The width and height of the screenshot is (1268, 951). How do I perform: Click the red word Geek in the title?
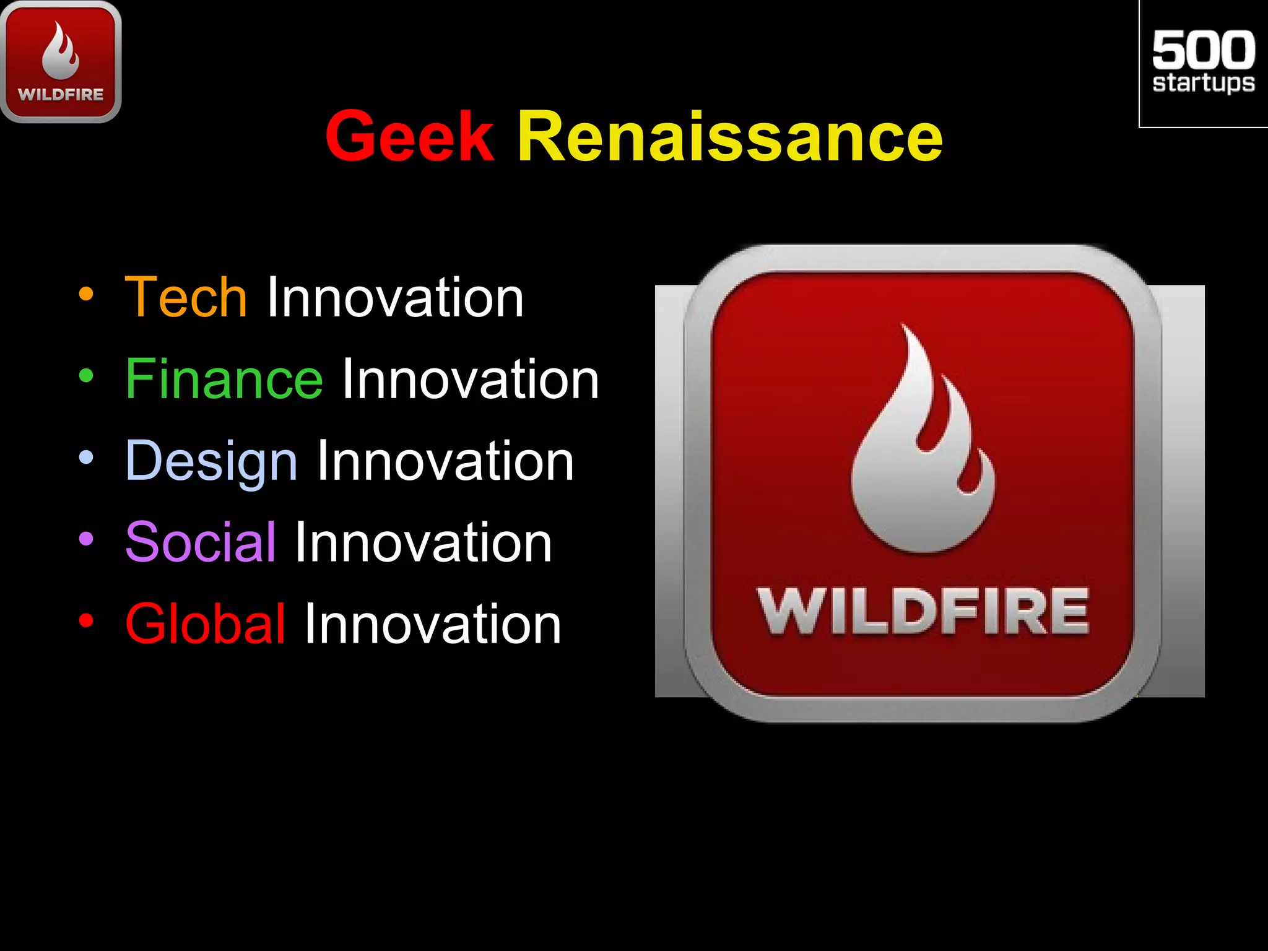[x=410, y=136]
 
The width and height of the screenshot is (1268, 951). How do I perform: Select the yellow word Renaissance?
[x=730, y=136]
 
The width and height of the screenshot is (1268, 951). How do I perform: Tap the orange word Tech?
[x=186, y=298]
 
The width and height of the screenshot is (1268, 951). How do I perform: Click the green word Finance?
[x=224, y=380]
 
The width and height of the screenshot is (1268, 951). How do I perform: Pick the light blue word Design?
[x=212, y=462]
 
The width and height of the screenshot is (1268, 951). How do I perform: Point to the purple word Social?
[x=201, y=543]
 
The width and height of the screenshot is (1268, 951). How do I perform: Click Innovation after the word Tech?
[x=395, y=298]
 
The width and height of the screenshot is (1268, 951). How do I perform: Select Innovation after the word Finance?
[x=471, y=380]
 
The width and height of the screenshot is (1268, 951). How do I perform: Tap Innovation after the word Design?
[x=445, y=461]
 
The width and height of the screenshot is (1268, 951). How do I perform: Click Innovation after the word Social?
[x=423, y=543]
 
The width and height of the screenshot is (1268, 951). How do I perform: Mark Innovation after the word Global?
[x=432, y=624]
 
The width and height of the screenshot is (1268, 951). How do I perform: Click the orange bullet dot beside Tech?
[x=86, y=295]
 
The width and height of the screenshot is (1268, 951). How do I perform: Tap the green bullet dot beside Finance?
[x=86, y=376]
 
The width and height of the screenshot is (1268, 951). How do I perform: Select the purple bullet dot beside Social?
[x=86, y=539]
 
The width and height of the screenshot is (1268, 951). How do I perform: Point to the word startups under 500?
[x=1203, y=83]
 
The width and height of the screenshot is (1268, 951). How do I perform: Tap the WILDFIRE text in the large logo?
[x=923, y=612]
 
